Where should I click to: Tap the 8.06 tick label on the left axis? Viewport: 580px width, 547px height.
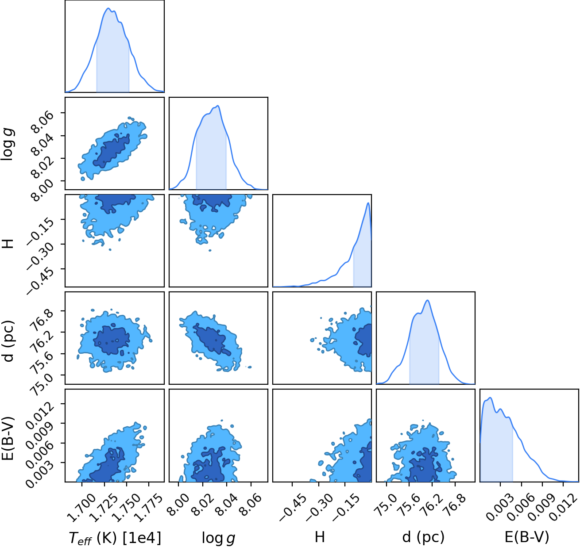pyautogui.click(x=42, y=122)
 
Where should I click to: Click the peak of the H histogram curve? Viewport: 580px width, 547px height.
pyautogui.click(x=368, y=203)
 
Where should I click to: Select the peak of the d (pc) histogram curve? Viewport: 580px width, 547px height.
pyautogui.click(x=428, y=300)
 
